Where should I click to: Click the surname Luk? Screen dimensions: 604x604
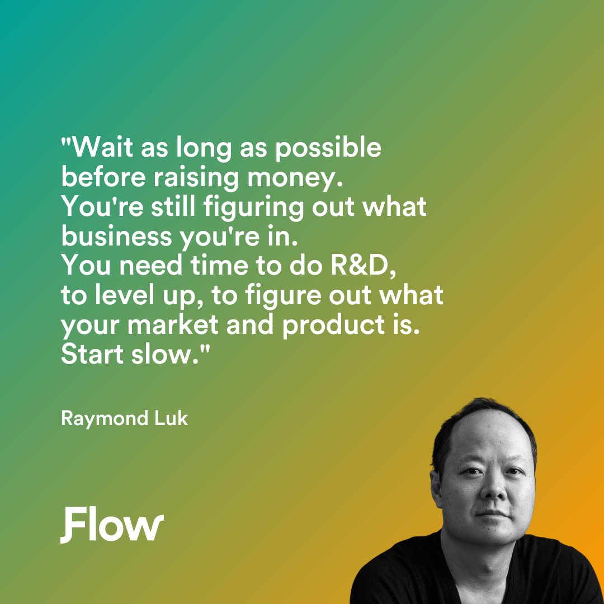click(172, 418)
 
